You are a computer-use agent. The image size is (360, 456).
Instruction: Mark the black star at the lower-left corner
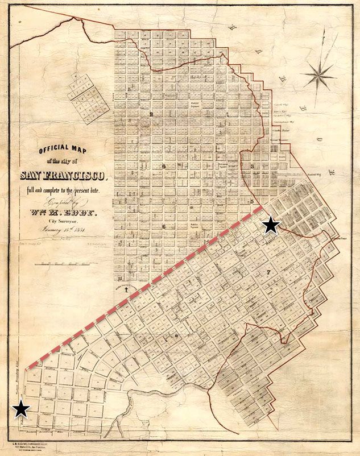(22, 408)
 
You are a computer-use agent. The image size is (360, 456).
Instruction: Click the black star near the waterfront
(271, 225)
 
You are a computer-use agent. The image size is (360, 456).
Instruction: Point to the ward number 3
(251, 166)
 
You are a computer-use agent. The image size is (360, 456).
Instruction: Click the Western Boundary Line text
(22, 375)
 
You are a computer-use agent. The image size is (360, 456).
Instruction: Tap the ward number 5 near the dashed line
(251, 201)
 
